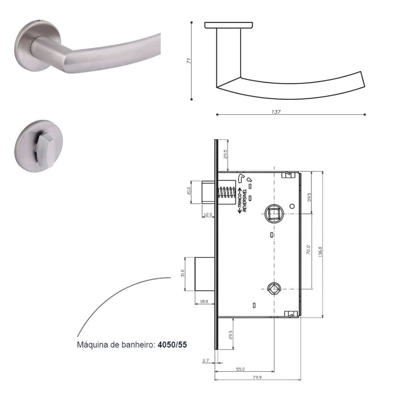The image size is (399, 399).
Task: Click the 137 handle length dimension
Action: pos(276,112)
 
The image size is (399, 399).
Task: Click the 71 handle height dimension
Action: pos(189,61)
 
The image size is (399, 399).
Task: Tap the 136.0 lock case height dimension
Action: pos(320,252)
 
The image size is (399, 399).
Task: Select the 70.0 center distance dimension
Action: pos(308,250)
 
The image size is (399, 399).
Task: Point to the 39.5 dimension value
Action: pos(309,197)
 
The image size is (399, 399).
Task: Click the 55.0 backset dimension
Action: pos(240,369)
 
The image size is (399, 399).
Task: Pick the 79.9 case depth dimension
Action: pos(257,377)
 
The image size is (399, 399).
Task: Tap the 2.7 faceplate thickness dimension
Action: pos(206,360)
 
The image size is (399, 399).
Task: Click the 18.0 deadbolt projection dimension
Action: pos(204,302)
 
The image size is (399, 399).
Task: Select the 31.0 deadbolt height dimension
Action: pos(182,273)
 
